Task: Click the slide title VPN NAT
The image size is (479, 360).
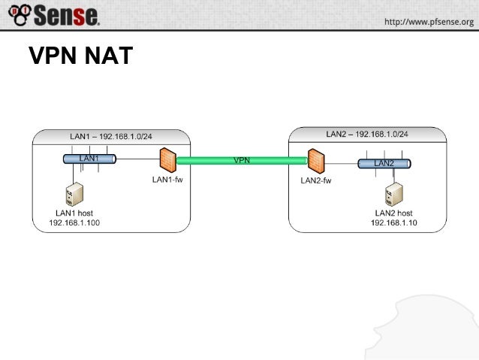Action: point(80,56)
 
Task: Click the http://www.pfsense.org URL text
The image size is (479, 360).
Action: point(429,22)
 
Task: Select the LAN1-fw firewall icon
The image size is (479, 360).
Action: point(167,159)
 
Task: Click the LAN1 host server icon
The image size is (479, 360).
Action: point(74,195)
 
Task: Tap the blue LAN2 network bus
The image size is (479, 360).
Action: point(384,163)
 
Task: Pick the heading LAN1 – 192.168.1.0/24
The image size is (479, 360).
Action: point(110,135)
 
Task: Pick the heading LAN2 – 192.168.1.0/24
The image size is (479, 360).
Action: point(367,134)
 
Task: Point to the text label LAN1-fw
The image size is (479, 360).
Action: point(167,179)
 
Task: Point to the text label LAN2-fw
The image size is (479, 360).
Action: point(316,181)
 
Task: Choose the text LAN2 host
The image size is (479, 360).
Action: point(393,213)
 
